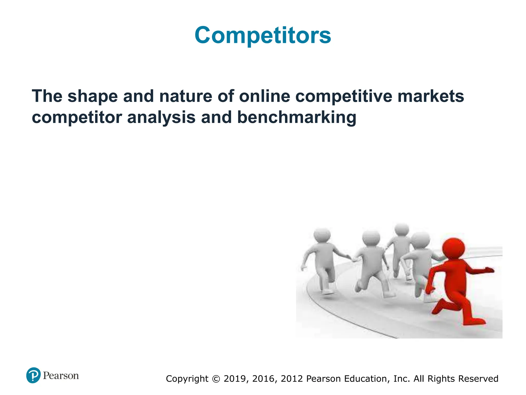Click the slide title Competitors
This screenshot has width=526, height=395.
263,35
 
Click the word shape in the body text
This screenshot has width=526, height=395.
92,97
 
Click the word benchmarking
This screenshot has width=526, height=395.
296,118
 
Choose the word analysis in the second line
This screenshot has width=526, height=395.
161,118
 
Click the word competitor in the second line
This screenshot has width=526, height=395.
77,118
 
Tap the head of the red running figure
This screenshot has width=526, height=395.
453,249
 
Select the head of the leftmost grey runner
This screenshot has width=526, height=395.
322,235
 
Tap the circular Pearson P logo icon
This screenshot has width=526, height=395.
33,375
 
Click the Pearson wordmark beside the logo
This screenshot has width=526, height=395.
61,376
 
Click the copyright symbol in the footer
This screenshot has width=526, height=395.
216,379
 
